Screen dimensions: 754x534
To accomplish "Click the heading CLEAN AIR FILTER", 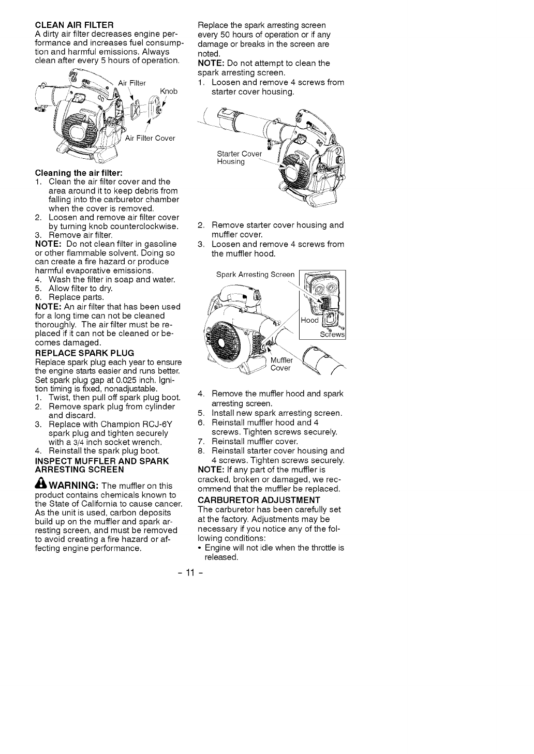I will [74, 25].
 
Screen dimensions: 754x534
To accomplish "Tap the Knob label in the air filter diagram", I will [169, 92].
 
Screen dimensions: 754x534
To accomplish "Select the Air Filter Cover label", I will [150, 138].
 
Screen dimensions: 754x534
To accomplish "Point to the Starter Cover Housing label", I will [239, 158].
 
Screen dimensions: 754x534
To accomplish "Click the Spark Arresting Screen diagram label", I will [255, 275].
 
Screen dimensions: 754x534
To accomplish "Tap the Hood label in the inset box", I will [309, 320].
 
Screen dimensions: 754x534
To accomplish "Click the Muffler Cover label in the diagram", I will [281, 364].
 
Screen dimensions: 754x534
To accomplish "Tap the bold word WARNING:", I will [73, 486].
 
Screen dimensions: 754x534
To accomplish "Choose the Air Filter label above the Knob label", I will [132, 83].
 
